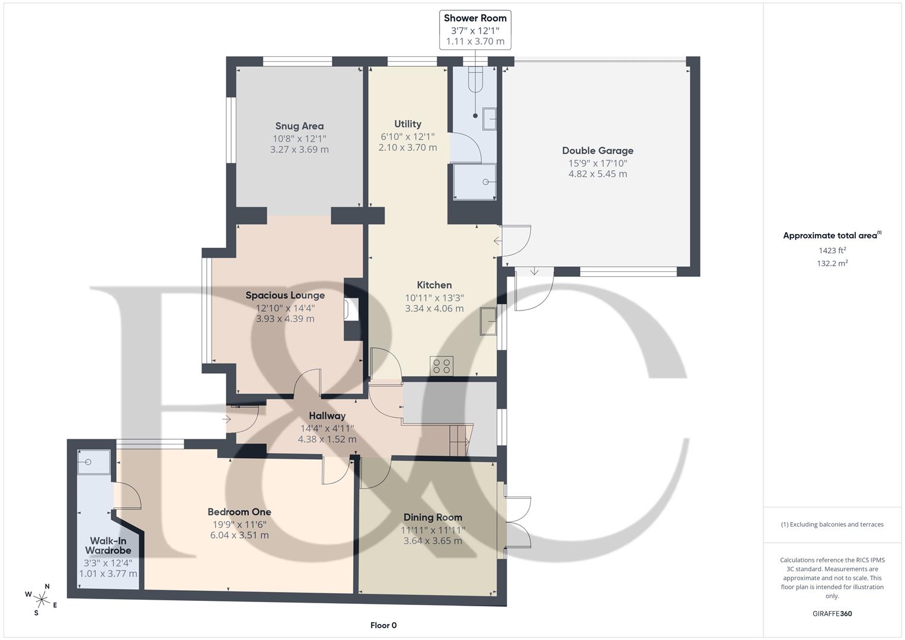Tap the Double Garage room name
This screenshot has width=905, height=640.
coord(597,151)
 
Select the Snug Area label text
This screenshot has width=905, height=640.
coord(299,126)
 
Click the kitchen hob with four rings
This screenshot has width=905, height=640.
coord(442,366)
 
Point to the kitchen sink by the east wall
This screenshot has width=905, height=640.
coord(489,321)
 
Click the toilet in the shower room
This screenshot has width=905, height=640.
coord(476,78)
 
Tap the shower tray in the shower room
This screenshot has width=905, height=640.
coord(474,182)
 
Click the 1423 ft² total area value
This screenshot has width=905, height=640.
coord(832,250)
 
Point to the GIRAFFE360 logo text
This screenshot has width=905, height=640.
coord(832,613)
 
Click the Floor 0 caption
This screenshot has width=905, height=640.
coord(383,625)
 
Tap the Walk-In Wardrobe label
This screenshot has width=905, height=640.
coord(108,545)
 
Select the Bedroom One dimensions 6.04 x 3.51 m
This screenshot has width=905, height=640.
coord(239,535)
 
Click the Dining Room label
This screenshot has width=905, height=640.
coord(433,517)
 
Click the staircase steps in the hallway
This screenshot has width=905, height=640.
coord(459,440)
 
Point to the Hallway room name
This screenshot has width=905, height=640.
coord(327,416)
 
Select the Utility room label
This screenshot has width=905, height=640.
coord(408,124)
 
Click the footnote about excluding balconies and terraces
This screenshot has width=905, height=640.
coord(832,524)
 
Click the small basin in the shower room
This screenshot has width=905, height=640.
coord(490,119)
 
